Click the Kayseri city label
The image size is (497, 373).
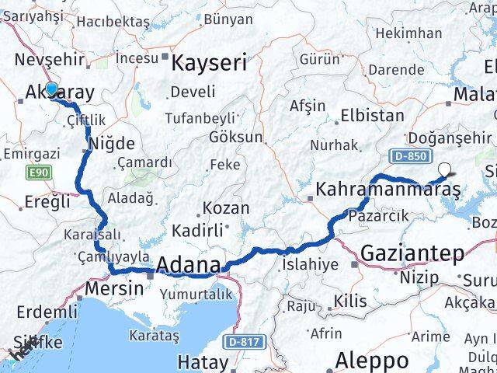click(209, 62)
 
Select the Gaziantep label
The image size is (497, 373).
click(412, 253)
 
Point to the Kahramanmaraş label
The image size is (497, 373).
click(388, 189)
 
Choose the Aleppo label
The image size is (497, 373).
click(372, 361)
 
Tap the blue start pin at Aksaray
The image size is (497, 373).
click(51, 89)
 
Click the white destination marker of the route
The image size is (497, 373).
click(444, 168)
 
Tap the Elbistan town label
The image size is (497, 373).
click(377, 116)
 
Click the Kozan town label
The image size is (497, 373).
click(226, 208)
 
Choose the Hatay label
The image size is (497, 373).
click(203, 362)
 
